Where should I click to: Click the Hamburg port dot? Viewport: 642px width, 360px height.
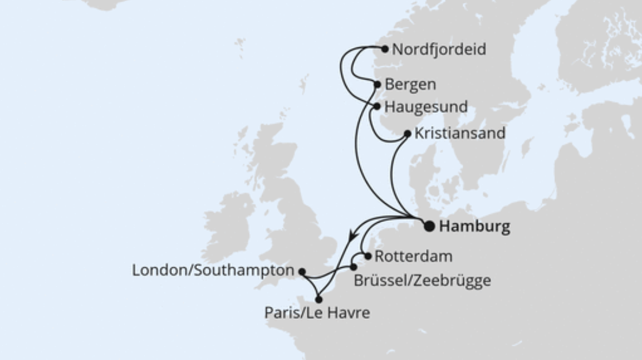coord(429,226)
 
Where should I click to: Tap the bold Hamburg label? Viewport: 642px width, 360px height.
coord(474,227)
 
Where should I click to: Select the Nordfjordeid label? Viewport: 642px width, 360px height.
coord(439,50)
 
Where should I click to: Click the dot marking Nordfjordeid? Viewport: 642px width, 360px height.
coord(385,49)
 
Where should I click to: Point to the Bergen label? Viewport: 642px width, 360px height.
coord(410,85)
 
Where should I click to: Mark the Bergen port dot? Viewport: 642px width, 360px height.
coord(377,85)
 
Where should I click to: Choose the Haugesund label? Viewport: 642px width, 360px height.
coord(426,107)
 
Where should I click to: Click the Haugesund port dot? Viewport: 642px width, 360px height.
coord(377,106)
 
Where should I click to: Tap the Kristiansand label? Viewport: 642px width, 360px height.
coord(460,133)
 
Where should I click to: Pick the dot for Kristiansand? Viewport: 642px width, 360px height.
coord(407,134)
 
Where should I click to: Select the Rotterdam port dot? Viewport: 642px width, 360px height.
coord(368,256)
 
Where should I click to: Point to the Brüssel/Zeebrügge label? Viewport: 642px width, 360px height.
coord(422,280)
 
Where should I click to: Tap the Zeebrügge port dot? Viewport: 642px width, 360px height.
coord(353,267)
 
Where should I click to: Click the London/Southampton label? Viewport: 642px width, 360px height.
coord(213,271)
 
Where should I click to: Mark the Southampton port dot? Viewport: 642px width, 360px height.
coord(302,272)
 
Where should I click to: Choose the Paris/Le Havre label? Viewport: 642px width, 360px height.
coord(317,313)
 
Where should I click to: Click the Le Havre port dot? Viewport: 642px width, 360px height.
coord(319,299)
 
